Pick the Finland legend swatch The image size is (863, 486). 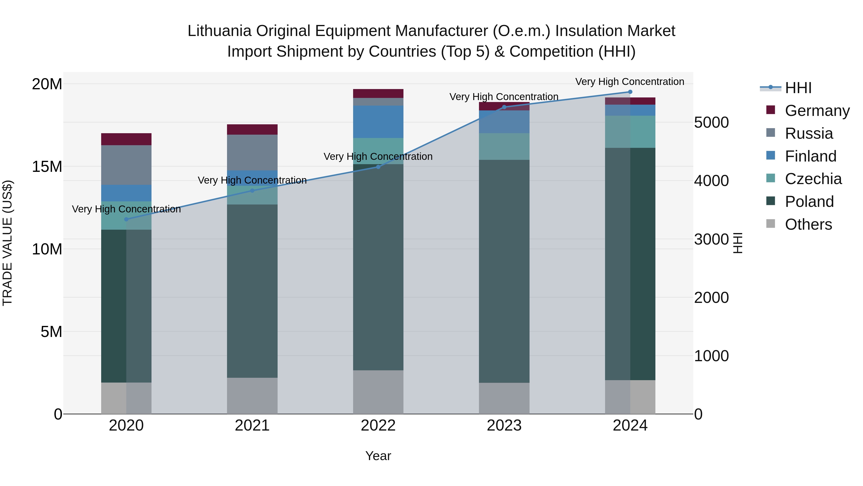[770, 156]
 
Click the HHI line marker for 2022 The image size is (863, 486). [378, 167]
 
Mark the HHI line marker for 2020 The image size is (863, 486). [126, 219]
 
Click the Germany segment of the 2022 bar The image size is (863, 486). [378, 94]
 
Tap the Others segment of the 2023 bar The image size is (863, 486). [504, 398]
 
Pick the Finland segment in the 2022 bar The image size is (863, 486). [378, 122]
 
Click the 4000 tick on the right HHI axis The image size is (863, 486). [711, 181]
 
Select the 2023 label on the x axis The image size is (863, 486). [504, 426]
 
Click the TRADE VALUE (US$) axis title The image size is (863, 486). [7, 243]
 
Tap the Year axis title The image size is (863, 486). [378, 456]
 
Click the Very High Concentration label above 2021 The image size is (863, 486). [252, 180]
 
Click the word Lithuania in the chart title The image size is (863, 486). [219, 31]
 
